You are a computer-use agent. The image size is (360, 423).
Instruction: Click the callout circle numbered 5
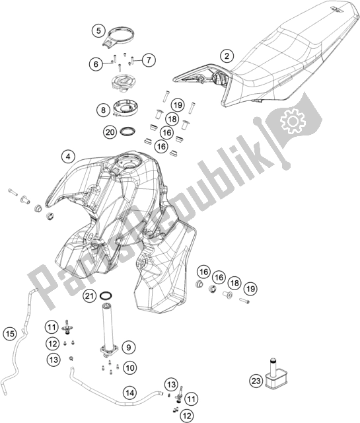(x=98, y=30)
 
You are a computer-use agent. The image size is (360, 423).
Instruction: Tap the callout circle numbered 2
(x=227, y=56)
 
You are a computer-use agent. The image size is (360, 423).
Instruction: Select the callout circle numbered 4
(x=68, y=157)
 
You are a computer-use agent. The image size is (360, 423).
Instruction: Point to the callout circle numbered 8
(x=103, y=110)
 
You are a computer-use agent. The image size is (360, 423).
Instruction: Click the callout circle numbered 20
(x=110, y=132)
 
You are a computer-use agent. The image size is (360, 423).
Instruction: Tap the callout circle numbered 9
(x=129, y=347)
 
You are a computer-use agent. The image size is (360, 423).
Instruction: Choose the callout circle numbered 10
(x=130, y=367)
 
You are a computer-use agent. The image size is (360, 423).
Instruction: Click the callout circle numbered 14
(x=129, y=393)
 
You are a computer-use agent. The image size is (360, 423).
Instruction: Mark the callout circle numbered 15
(x=10, y=334)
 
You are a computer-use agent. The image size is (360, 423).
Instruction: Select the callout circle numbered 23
(x=256, y=381)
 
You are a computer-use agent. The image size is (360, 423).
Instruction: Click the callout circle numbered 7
(x=149, y=59)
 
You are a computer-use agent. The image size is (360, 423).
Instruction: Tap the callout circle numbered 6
(x=96, y=64)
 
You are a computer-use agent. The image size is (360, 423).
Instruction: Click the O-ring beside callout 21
(x=106, y=293)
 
